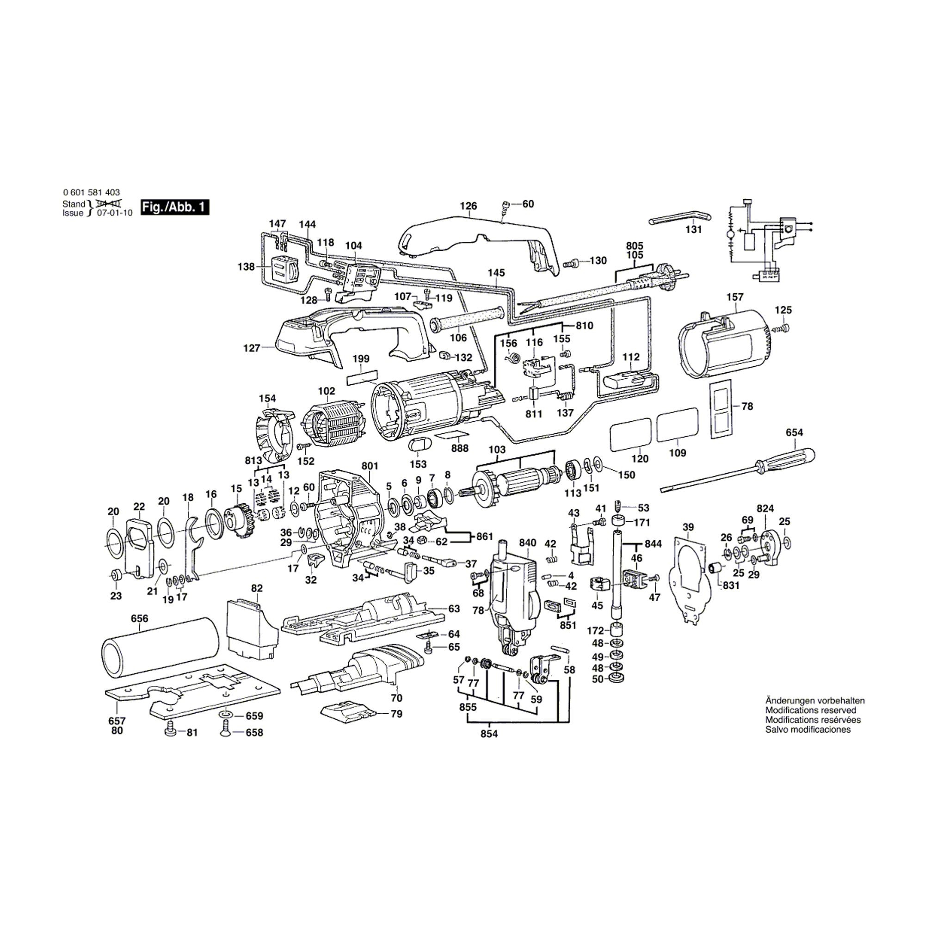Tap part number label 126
coord(468,206)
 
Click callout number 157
coord(734,297)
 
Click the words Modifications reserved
coord(811,710)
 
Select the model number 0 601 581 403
coord(91,192)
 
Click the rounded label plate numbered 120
coord(630,434)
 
